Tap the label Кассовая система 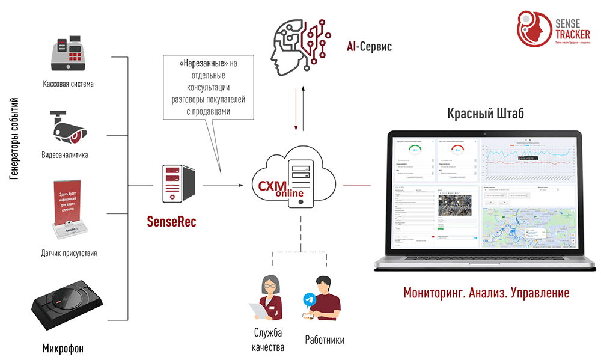coord(68,84)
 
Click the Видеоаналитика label coord(65,155)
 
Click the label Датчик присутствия coord(69,253)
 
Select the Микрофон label coord(63,349)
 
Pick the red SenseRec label coord(172,222)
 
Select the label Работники coord(325,340)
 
